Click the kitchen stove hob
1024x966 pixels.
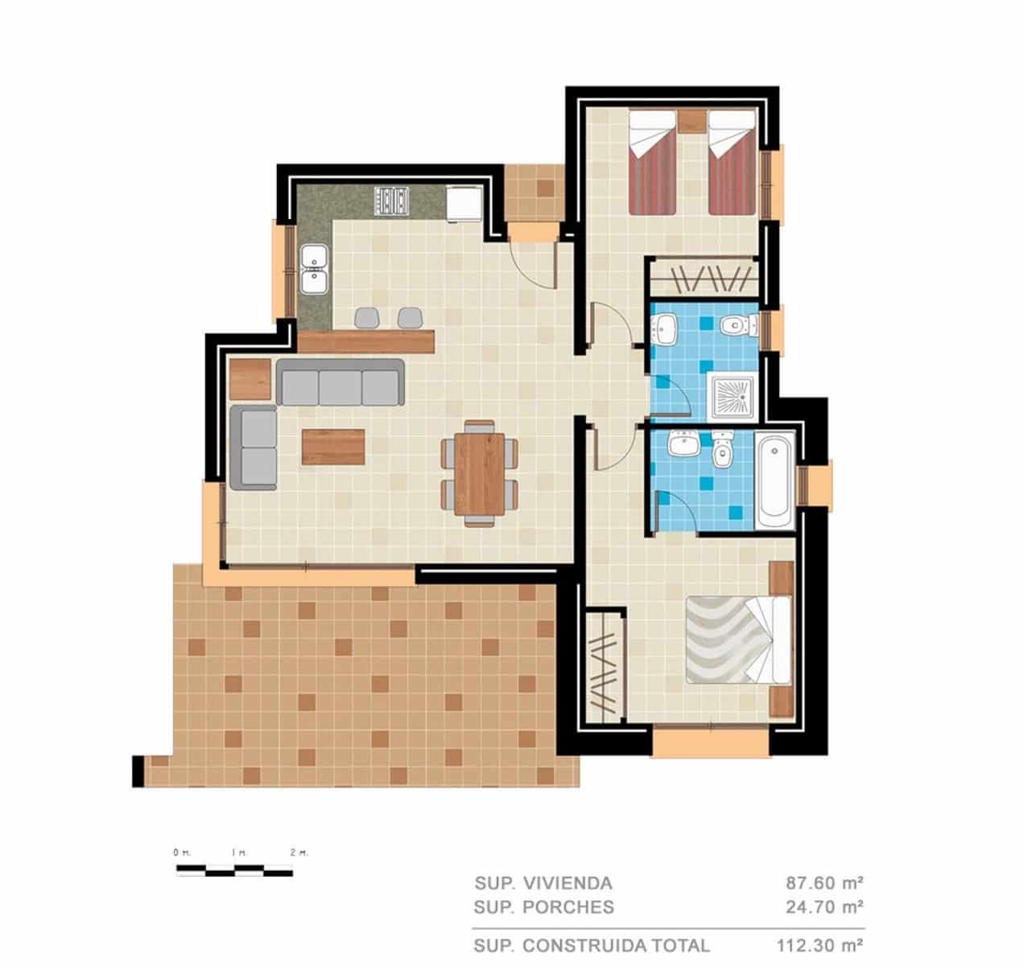point(392,200)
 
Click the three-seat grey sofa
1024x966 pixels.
point(340,382)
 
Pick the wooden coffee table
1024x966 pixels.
point(332,447)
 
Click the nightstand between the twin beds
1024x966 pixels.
point(691,121)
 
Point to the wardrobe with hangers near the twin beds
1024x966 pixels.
point(702,278)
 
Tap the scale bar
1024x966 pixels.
point(234,869)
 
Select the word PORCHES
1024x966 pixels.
point(568,907)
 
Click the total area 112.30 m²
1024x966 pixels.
point(820,945)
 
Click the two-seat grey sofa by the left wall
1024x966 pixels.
point(253,448)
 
